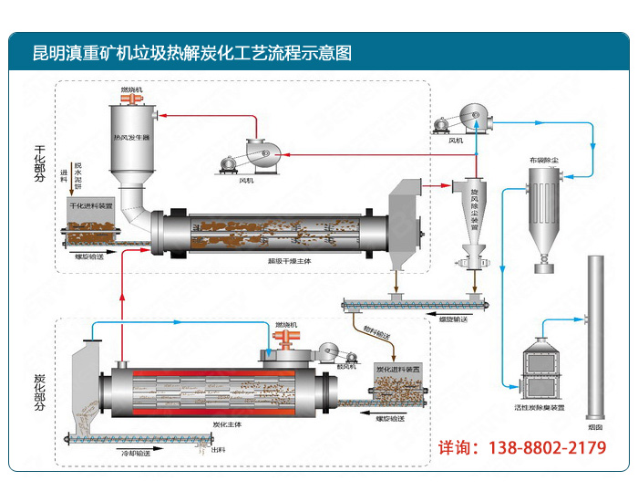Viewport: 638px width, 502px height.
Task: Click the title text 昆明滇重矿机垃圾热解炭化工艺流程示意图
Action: pyautogui.click(x=191, y=53)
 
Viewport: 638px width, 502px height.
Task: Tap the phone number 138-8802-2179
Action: pyautogui.click(x=534, y=448)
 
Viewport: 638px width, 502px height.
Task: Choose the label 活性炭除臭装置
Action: pyautogui.click(x=540, y=407)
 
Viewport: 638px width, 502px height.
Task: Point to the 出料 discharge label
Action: pyautogui.click(x=219, y=449)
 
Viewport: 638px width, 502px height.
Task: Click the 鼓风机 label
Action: pyautogui.click(x=345, y=369)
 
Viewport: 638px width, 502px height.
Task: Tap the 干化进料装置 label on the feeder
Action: pyautogui.click(x=91, y=206)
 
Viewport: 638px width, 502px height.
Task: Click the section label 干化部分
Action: pyautogui.click(x=39, y=164)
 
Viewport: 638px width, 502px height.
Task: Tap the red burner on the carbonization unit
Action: pyautogui.click(x=285, y=340)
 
